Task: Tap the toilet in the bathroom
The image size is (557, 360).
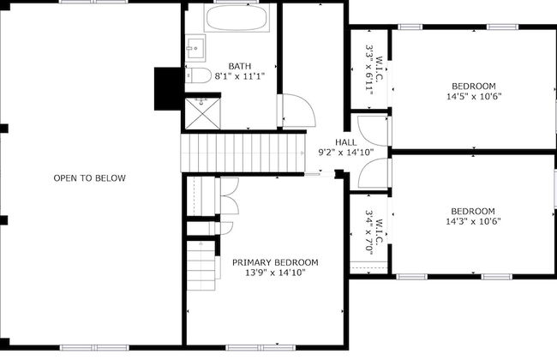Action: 198,75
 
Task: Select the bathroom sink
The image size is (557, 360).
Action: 195,48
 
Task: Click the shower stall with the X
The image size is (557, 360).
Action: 203,114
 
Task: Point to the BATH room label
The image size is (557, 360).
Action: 240,66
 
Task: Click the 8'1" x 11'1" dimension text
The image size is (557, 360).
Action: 240,76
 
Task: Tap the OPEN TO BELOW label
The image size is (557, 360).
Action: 89,178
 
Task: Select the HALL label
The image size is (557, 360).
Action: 346,142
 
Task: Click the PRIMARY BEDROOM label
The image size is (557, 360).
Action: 275,262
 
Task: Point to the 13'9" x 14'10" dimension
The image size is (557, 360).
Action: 275,273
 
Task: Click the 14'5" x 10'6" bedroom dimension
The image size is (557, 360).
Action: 474,96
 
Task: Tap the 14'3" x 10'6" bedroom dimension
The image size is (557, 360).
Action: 473,221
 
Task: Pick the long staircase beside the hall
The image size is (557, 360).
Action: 243,153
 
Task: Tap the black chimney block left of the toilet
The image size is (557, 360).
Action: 168,89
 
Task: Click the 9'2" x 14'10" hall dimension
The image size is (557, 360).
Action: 346,153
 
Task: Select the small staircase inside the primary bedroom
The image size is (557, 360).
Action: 201,266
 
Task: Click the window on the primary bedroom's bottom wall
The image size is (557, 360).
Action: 261,347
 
